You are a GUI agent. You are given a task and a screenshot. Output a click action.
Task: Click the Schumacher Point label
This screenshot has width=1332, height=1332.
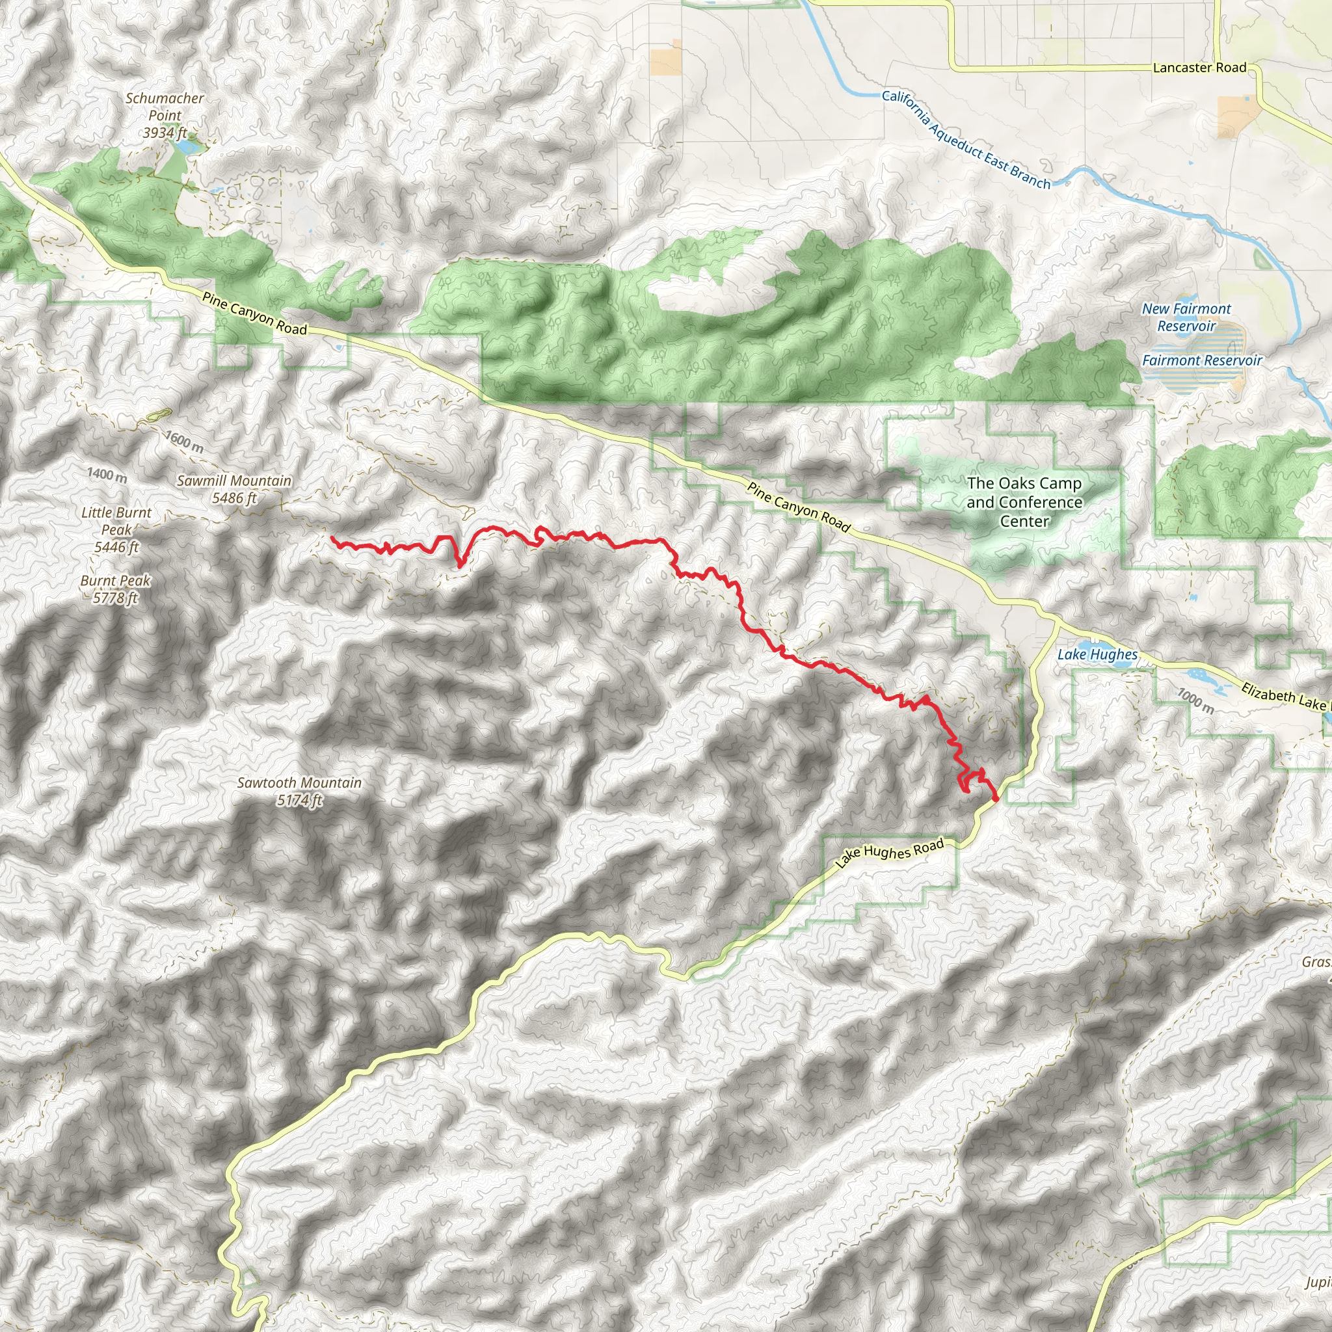[x=165, y=115]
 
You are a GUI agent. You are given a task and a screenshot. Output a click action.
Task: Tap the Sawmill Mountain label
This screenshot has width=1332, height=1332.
[x=234, y=489]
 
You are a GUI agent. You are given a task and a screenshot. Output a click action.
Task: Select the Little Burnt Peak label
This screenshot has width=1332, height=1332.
[x=116, y=529]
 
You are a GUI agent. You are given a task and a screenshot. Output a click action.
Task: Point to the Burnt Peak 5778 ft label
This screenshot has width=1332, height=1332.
[x=115, y=589]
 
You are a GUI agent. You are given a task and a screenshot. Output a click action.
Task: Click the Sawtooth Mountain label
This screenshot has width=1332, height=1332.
[x=299, y=791]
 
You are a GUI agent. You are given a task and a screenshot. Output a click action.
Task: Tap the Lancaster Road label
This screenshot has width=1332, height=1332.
[x=1199, y=68]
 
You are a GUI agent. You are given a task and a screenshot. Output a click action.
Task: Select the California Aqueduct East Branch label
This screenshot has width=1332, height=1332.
[x=966, y=139]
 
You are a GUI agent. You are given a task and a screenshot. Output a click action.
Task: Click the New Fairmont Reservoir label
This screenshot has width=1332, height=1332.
[x=1186, y=317]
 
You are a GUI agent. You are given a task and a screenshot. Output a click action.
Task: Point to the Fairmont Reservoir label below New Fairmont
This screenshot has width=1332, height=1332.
[x=1202, y=360]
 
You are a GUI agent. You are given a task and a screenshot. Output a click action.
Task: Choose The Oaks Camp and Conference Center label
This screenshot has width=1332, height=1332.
[x=1024, y=502]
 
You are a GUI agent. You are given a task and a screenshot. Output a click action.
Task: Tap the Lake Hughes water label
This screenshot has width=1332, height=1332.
[x=1097, y=654]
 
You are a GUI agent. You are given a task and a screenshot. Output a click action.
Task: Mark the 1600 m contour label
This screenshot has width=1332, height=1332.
[x=184, y=442]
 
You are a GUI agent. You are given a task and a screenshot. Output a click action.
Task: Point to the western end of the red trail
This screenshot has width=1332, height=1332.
[x=332, y=537]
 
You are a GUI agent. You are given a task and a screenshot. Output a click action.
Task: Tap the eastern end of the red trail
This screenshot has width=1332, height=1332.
[x=996, y=799]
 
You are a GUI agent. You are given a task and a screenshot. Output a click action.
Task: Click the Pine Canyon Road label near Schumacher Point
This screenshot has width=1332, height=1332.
[x=254, y=313]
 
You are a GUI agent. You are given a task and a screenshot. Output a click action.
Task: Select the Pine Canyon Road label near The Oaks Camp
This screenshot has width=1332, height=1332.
[x=799, y=507]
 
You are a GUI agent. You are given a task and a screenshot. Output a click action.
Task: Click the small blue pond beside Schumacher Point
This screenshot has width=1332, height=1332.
[x=187, y=146]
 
